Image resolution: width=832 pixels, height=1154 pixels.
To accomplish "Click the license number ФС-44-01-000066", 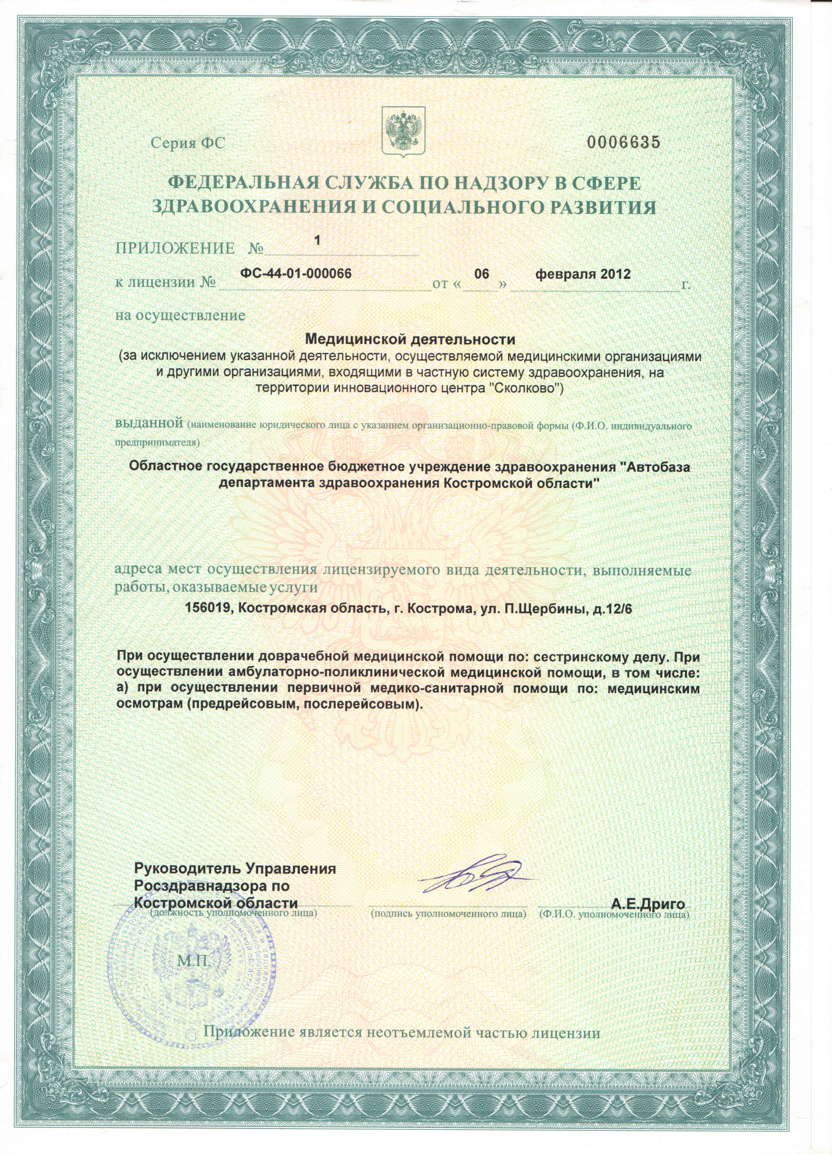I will [296, 273].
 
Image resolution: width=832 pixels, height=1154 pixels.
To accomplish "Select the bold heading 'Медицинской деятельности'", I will [409, 338].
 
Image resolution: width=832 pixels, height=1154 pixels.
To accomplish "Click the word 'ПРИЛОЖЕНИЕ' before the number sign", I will [175, 248].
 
